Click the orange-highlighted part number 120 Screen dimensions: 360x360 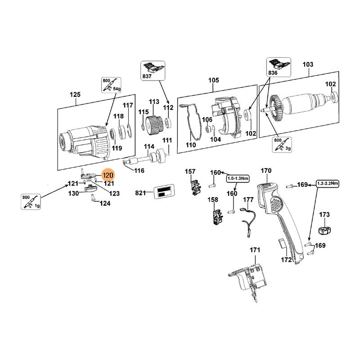[108, 175]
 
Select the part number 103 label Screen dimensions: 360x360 [308, 65]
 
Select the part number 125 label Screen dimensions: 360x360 [75, 94]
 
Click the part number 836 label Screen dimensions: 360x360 [273, 73]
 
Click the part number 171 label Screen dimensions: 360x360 [255, 250]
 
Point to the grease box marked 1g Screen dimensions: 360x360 [31, 201]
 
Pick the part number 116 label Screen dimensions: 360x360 [139, 171]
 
